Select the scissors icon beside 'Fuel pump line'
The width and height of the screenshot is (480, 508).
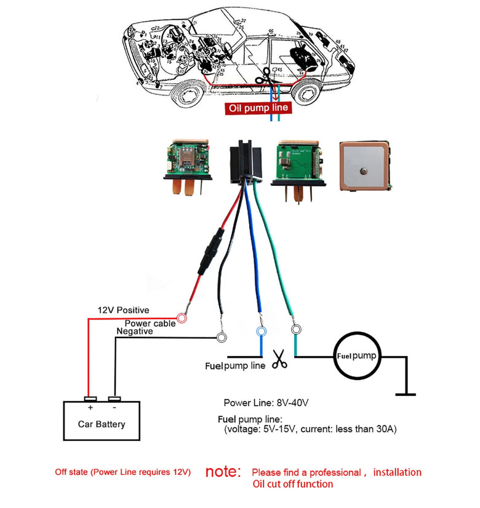point(279,360)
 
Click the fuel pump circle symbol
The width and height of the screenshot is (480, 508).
point(356,357)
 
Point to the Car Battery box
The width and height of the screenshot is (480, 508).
point(102,421)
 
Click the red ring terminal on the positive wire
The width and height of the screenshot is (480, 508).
point(182,319)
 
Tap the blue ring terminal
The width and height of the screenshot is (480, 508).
point(261,331)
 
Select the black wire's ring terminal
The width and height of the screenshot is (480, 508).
point(222,337)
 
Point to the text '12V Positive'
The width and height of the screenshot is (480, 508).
point(123,310)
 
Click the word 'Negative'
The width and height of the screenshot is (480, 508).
point(135,331)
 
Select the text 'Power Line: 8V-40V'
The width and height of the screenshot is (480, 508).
point(266,403)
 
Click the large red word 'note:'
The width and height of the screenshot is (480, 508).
point(222,472)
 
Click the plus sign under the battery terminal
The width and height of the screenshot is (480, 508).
point(90,407)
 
